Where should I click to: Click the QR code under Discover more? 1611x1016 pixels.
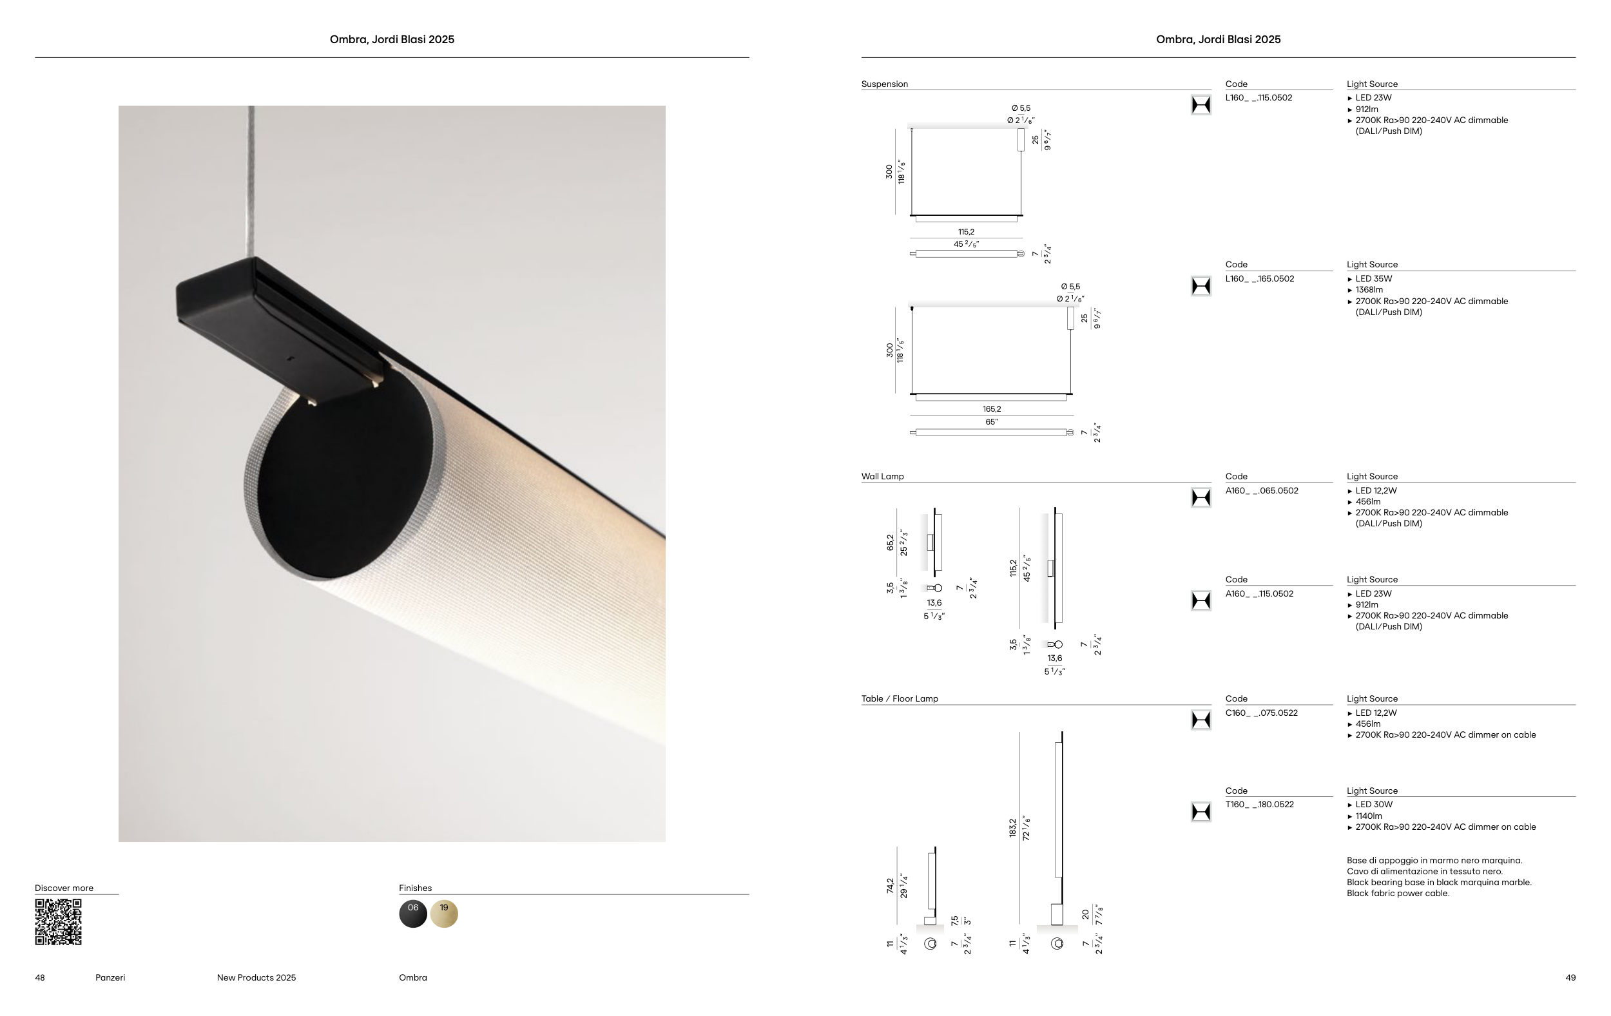click(58, 922)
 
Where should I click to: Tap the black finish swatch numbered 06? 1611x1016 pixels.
click(413, 914)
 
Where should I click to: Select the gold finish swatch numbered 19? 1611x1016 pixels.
click(444, 914)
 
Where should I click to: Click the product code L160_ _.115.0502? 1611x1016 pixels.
click(1259, 98)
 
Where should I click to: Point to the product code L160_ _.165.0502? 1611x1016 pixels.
click(1259, 279)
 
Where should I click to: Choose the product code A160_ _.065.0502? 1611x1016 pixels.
click(1262, 491)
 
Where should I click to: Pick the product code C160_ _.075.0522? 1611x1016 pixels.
click(1261, 713)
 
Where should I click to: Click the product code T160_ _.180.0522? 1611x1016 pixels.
click(1259, 805)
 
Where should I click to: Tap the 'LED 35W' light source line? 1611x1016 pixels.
click(1373, 279)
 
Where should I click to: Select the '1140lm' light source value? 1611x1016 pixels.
click(1369, 816)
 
